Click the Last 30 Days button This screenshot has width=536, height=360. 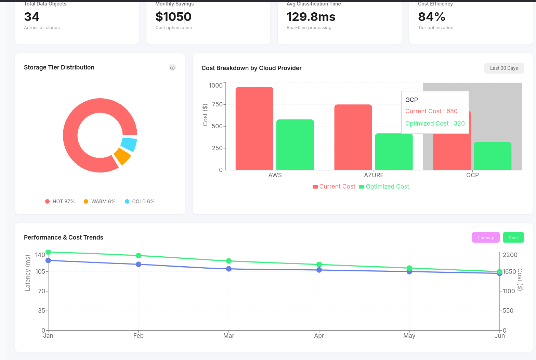click(504, 68)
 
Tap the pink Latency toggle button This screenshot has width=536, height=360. click(486, 237)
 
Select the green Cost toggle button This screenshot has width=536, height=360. click(513, 237)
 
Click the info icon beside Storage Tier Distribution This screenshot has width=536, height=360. click(172, 68)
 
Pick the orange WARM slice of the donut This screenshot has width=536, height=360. click(122, 156)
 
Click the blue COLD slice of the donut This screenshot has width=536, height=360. click(129, 144)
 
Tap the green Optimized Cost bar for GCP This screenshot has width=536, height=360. click(492, 156)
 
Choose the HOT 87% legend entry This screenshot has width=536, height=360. click(60, 202)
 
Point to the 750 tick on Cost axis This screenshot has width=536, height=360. click(217, 104)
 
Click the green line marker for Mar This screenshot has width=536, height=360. click(229, 261)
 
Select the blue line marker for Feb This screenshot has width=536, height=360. click(139, 265)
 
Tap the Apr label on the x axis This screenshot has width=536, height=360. click(319, 336)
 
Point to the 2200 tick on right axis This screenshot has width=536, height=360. click(510, 255)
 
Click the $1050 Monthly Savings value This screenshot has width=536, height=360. click(173, 17)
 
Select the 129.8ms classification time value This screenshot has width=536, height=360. click(311, 17)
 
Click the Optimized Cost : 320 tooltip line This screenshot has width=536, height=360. click(435, 124)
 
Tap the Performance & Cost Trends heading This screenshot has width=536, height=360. click(64, 237)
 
